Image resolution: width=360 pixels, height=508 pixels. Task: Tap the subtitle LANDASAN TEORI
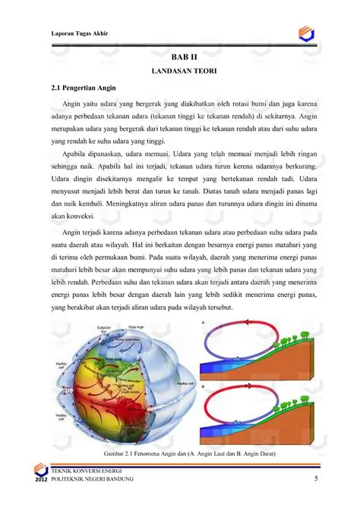pos(185,71)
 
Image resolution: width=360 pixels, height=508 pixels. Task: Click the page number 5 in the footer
pos(315,480)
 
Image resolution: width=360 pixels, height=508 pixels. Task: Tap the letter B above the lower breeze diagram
pos(203,387)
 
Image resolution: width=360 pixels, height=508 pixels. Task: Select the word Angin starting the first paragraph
pos(73,104)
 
